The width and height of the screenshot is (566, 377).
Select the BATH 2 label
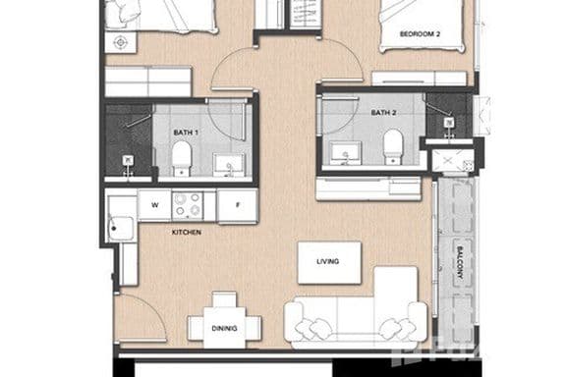(384, 113)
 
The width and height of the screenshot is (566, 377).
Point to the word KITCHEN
(187, 233)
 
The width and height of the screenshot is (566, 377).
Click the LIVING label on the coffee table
(328, 262)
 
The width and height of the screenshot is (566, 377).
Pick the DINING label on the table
(224, 329)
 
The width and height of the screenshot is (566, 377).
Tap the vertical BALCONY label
(458, 263)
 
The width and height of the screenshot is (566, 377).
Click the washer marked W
(154, 204)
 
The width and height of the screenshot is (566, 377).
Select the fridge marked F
(237, 205)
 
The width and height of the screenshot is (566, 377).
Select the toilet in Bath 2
(393, 146)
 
